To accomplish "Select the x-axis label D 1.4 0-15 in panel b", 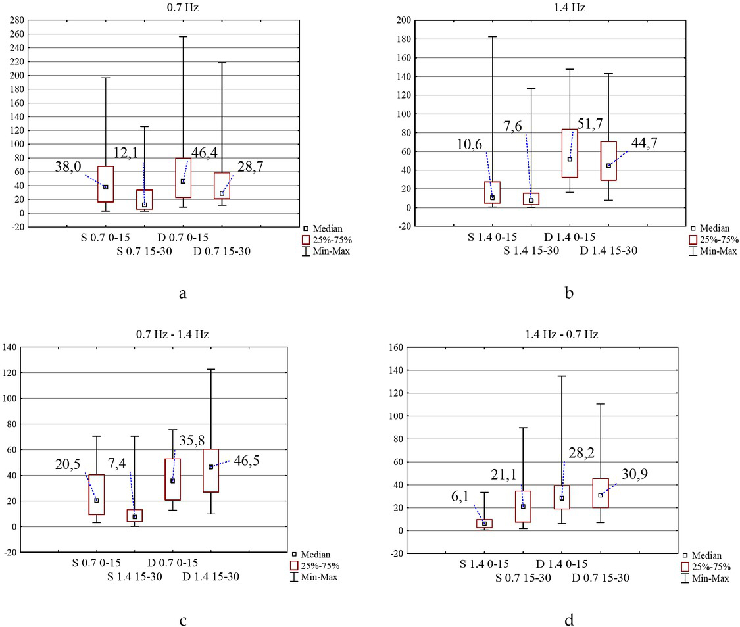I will tap(570, 237).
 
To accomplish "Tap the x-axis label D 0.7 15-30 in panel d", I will tap(601, 577).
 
